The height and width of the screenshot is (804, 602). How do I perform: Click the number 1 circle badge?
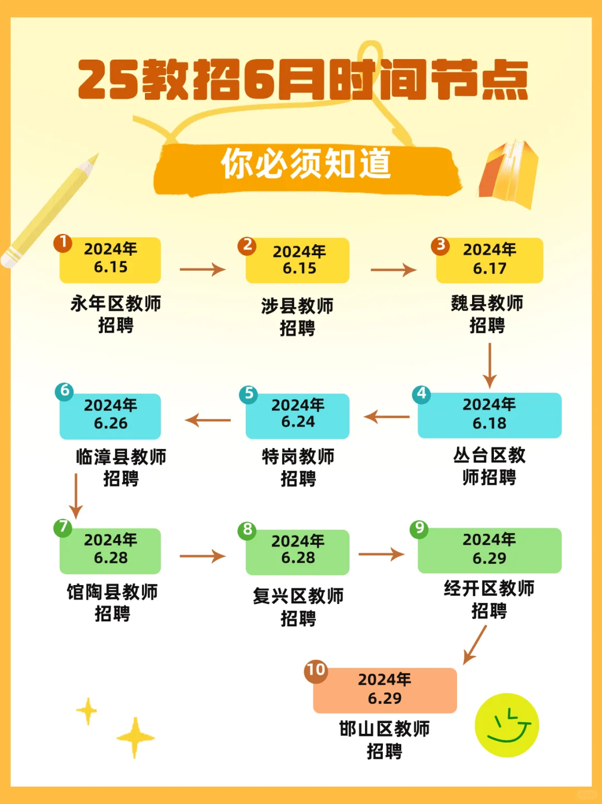[x=63, y=243]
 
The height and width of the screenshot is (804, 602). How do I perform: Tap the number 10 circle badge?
[x=315, y=670]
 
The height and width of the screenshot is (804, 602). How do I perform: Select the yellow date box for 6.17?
[x=489, y=260]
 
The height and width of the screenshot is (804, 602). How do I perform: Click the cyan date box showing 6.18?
[x=489, y=415]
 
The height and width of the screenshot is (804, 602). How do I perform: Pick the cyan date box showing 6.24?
[x=298, y=416]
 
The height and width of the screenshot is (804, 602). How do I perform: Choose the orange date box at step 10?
[x=385, y=690]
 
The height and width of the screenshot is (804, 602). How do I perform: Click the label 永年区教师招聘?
[x=115, y=314]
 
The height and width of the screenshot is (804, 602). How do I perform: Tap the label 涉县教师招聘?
[x=297, y=316]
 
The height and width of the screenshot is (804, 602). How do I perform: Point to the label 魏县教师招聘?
[x=487, y=314]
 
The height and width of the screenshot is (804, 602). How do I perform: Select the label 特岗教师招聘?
[x=298, y=467]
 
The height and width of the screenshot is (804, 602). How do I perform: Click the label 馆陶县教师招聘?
[x=113, y=602]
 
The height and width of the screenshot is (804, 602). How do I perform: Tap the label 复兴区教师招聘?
[x=298, y=607]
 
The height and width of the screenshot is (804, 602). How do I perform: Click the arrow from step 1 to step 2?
[x=202, y=270]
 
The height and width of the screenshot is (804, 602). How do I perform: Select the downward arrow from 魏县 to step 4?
[x=489, y=365]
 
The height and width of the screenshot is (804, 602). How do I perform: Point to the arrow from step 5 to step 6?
[x=208, y=420]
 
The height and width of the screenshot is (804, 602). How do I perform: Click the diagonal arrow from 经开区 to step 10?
[x=474, y=645]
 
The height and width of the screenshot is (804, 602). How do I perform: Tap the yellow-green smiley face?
[x=507, y=725]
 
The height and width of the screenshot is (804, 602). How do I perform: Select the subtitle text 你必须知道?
[x=306, y=164]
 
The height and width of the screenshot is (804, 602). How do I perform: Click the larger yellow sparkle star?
[x=135, y=738]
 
